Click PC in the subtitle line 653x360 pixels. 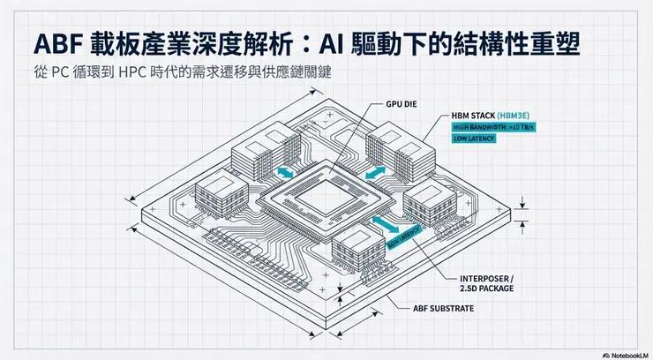(60, 72)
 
